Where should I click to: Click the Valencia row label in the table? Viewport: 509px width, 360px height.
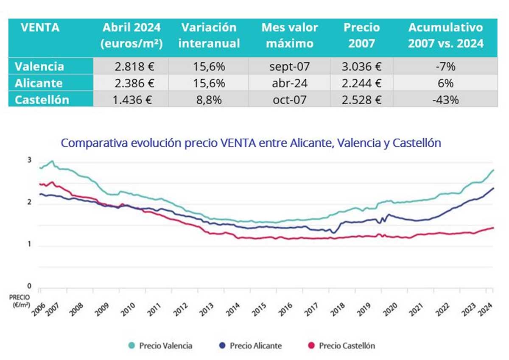coord(39,67)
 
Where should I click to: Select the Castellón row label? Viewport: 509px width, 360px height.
coord(42,100)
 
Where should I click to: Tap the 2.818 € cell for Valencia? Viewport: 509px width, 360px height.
coord(131,67)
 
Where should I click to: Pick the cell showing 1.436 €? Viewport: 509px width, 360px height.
coord(131,100)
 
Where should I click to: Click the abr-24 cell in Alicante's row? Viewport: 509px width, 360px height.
coord(290,84)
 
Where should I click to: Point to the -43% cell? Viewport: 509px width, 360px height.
coord(445,100)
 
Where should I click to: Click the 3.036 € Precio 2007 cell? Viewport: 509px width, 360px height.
coord(361,67)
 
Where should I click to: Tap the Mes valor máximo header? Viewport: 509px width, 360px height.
coord(290,36)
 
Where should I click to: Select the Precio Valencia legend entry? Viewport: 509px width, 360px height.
coord(160,346)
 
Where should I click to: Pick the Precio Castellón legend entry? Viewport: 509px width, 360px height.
coord(342,346)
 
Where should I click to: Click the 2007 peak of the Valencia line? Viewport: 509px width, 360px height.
coord(52,161)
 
